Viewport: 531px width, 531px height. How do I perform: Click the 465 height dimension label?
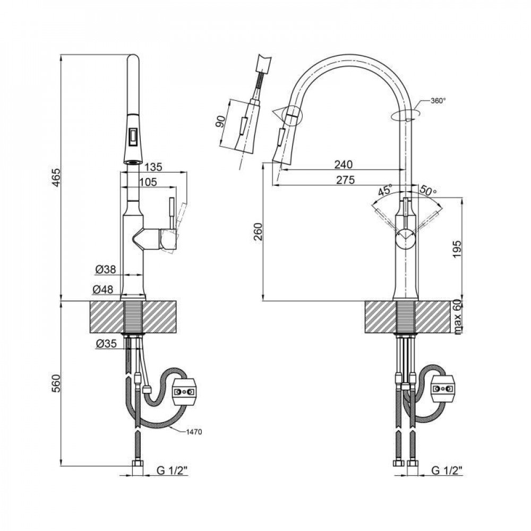pyautogui.click(x=57, y=177)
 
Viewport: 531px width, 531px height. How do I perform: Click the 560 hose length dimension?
pyautogui.click(x=57, y=383)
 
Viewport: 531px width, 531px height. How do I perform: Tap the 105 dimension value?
pyautogui.click(x=148, y=182)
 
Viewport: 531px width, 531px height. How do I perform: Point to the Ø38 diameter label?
pyautogui.click(x=106, y=270)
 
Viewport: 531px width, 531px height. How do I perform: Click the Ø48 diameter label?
pyautogui.click(x=102, y=289)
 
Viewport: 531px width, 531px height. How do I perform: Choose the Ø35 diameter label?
pyautogui.click(x=106, y=344)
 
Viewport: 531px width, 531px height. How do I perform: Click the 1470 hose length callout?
pyautogui.click(x=194, y=432)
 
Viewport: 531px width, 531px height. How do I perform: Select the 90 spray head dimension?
pyautogui.click(x=220, y=121)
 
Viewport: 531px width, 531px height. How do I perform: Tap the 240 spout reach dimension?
pyautogui.click(x=344, y=165)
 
